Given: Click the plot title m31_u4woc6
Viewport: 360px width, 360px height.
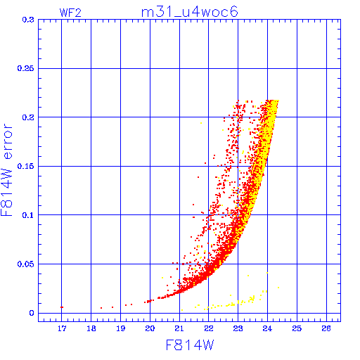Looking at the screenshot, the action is (x=190, y=12).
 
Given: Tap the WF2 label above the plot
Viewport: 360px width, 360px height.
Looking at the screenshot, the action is (x=70, y=13).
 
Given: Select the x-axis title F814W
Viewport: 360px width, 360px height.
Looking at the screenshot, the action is (x=190, y=345).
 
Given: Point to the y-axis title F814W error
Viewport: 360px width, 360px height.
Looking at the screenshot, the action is (x=6, y=170).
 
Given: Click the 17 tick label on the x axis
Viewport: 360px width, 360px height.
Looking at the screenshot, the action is (x=62, y=328).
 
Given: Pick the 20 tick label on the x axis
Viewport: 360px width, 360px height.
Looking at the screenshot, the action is (x=150, y=328).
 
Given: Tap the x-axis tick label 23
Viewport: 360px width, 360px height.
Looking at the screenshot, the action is (x=238, y=328).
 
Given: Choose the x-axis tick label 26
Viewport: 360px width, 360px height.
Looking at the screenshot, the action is (x=326, y=328).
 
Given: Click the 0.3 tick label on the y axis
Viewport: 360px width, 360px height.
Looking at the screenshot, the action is (x=28, y=20).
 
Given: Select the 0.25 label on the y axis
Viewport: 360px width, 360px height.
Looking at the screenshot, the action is (x=25, y=68).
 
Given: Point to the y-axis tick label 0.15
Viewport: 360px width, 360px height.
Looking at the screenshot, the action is (x=25, y=166).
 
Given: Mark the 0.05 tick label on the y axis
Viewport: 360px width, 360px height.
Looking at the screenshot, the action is (x=25, y=264).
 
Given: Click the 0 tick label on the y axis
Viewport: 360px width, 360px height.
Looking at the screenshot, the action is (x=32, y=313).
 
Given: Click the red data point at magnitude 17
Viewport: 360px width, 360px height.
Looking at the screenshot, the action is (x=62, y=307).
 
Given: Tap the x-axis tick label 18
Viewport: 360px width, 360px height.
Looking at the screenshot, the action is (x=91, y=328).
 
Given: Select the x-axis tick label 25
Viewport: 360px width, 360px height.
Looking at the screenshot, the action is (x=297, y=328).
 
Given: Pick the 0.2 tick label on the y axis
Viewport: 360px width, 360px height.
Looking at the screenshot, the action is (x=28, y=117).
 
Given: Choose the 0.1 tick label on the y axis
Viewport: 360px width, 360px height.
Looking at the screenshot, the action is (x=28, y=215).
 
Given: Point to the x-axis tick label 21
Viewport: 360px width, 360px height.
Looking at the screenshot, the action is (x=179, y=328).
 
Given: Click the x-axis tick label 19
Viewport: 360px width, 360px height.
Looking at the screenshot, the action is (x=121, y=328).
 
